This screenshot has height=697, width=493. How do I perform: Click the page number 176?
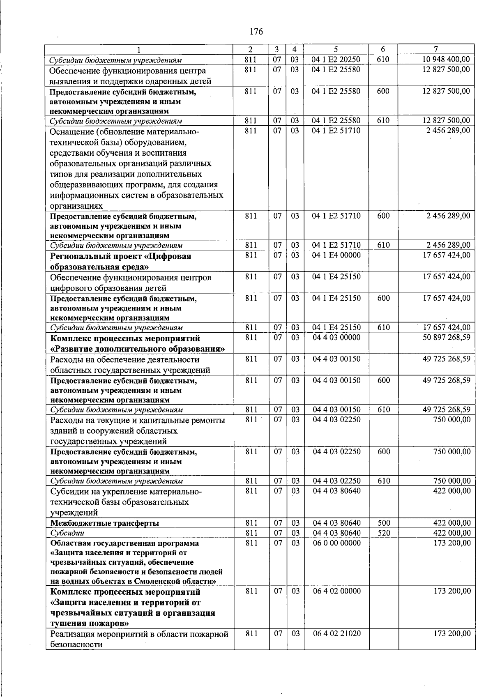[x=256, y=32]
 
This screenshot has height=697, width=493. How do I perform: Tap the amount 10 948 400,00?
[x=446, y=59]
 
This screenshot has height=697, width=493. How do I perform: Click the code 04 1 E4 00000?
[x=336, y=255]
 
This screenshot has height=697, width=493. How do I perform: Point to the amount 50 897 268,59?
[x=446, y=337]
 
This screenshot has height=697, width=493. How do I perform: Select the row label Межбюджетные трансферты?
[x=104, y=523]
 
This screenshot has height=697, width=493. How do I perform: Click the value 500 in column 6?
[x=383, y=523]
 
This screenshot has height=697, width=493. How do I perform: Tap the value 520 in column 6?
[x=383, y=533]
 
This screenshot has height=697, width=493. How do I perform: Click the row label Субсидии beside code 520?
[x=67, y=533]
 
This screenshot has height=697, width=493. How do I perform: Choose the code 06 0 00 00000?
[x=336, y=543]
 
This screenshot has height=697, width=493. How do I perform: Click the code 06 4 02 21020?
[x=336, y=634]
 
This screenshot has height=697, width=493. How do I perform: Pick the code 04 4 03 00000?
[x=336, y=337]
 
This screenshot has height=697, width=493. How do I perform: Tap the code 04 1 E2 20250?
[x=336, y=59]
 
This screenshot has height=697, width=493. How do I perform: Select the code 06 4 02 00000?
[x=336, y=591]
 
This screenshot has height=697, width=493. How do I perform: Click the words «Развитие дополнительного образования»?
[x=138, y=349]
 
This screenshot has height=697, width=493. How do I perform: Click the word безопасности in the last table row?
[x=76, y=644]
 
